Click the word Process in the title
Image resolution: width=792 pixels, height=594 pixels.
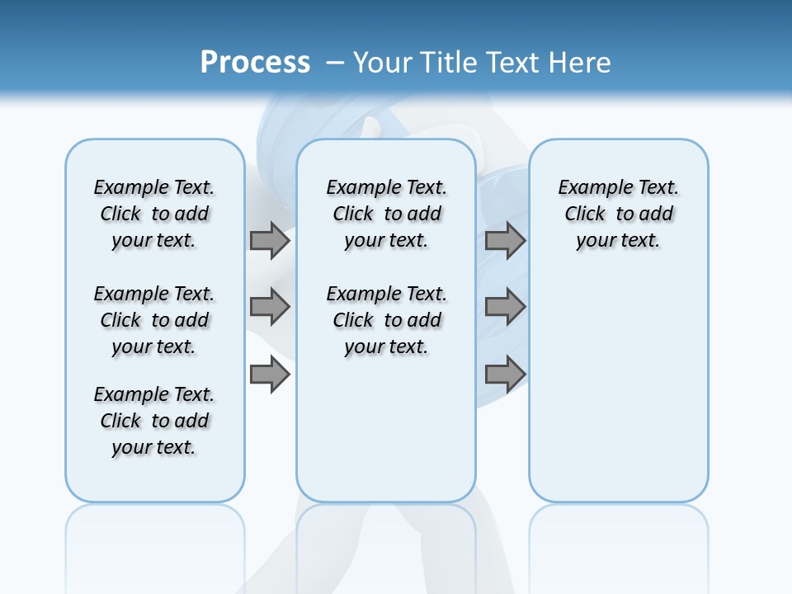click(255, 62)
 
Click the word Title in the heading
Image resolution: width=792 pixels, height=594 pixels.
click(450, 63)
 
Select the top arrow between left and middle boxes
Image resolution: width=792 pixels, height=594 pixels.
click(270, 240)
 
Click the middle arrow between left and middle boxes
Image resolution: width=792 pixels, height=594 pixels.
click(270, 307)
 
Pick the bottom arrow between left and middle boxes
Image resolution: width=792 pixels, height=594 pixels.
click(270, 375)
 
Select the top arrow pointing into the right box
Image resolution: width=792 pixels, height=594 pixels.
click(505, 240)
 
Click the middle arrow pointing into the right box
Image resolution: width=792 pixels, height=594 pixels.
click(505, 307)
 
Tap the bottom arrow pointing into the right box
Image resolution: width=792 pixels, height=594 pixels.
click(505, 375)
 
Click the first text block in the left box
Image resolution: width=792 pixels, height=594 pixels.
click(154, 214)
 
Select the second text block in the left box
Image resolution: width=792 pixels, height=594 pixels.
click(154, 320)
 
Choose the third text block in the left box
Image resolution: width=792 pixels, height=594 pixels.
click(154, 421)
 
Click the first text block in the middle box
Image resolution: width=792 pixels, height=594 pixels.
click(386, 214)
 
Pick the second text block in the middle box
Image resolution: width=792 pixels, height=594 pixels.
click(386, 320)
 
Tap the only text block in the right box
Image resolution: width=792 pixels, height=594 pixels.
click(618, 214)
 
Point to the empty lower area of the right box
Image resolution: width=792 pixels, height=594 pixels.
click(618, 396)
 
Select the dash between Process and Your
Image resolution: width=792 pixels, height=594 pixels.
click(335, 63)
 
